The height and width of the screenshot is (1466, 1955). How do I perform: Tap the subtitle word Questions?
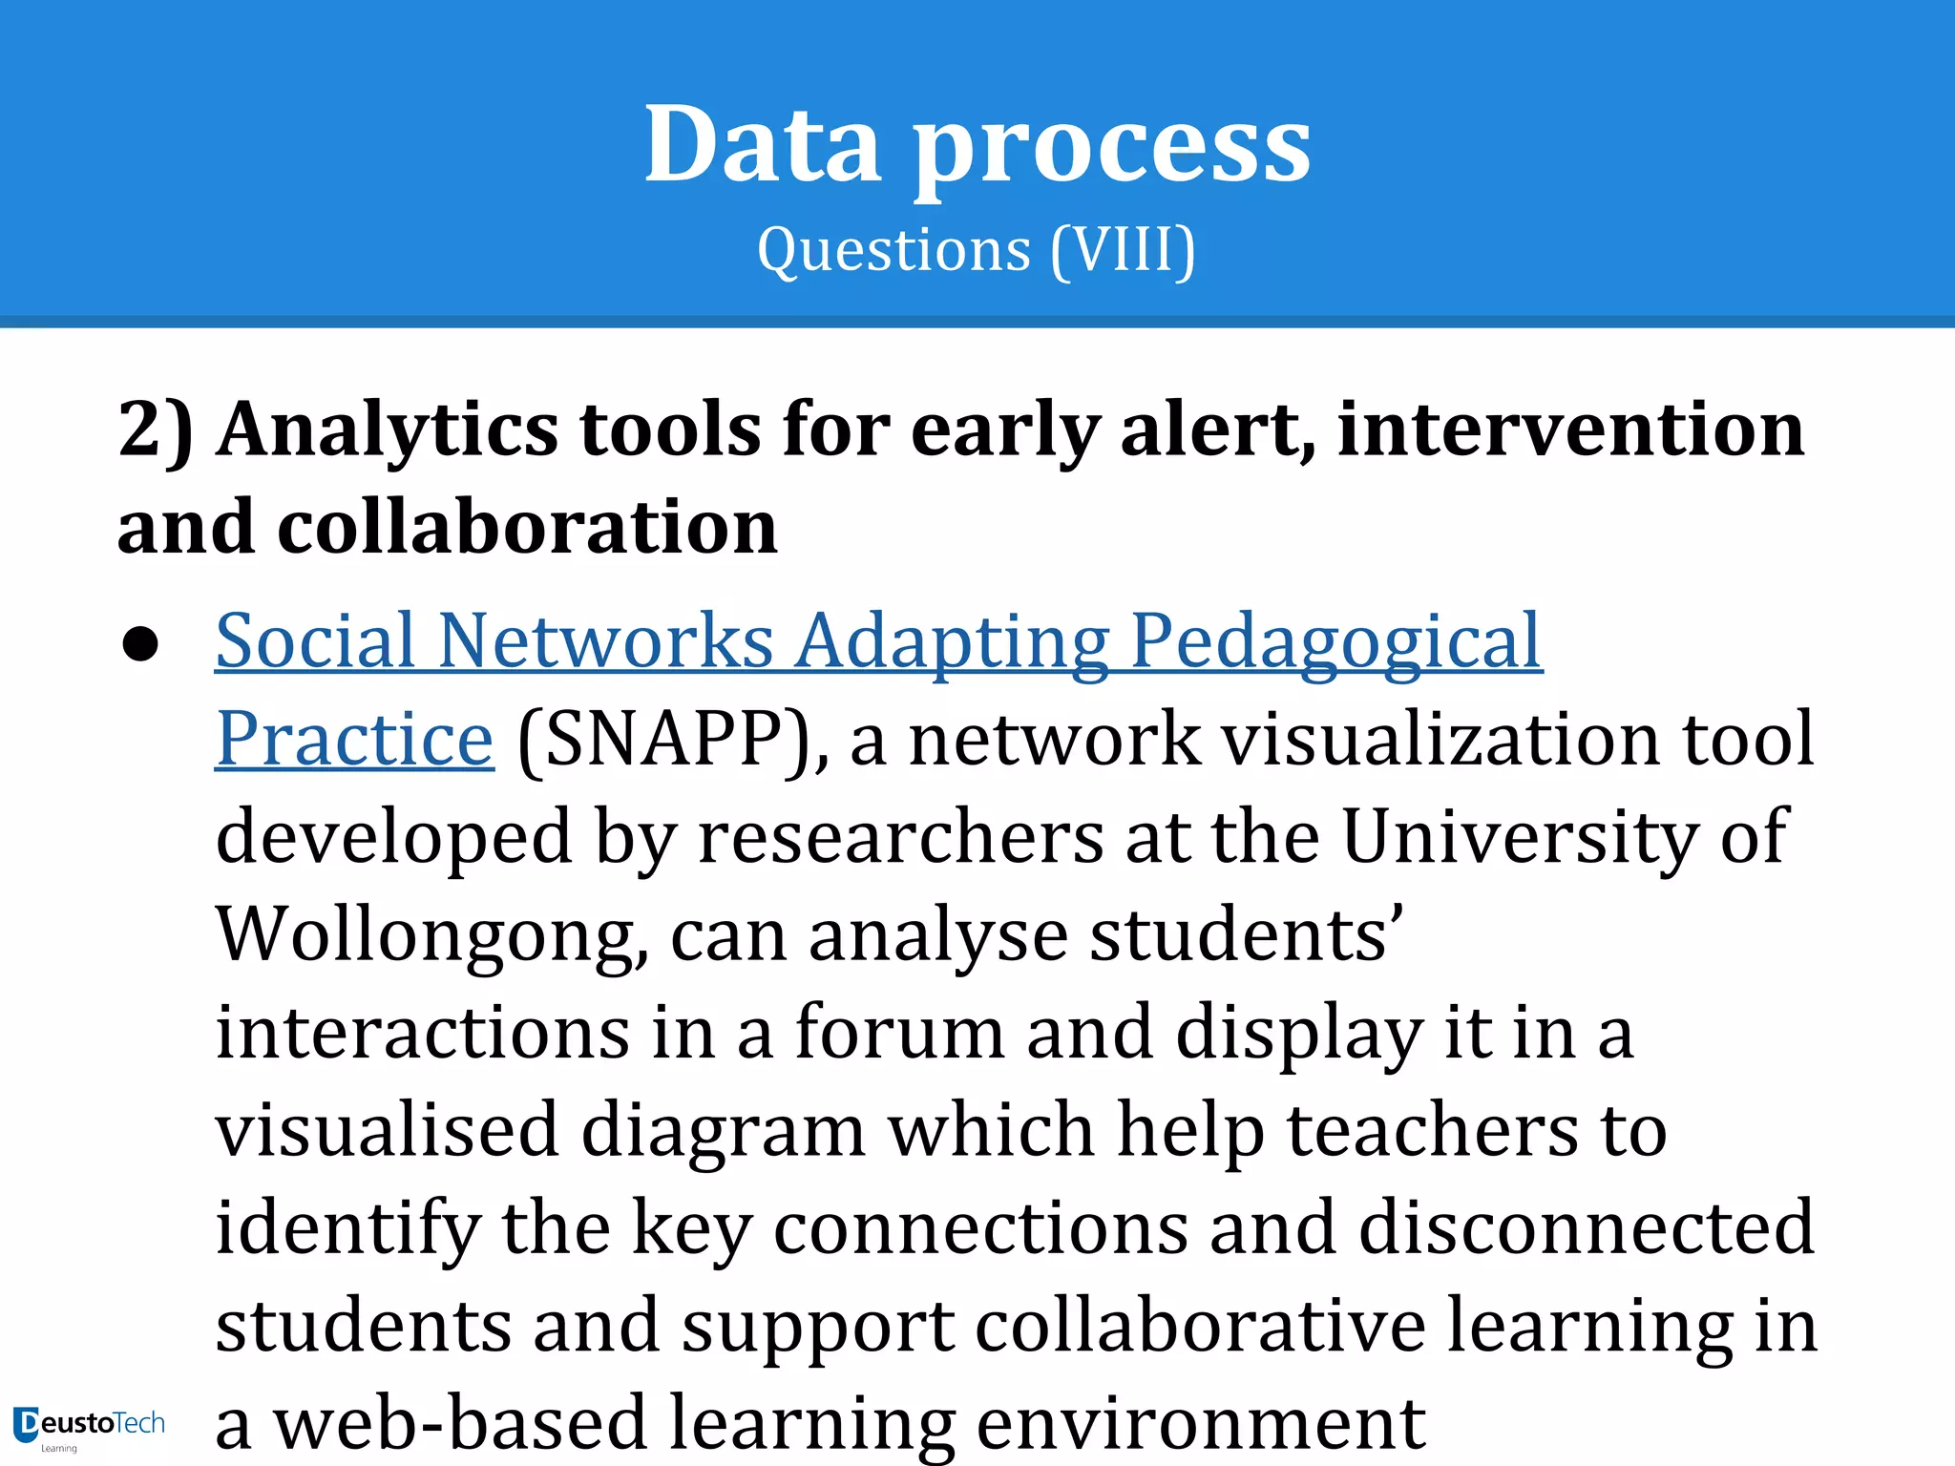(893, 250)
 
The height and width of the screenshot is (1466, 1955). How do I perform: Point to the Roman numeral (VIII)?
(1123, 250)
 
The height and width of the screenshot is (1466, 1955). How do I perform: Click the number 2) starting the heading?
(155, 429)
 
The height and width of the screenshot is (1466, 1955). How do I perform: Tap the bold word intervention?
(1570, 429)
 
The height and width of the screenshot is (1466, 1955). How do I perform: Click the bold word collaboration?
(527, 527)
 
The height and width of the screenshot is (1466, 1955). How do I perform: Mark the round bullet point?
(140, 644)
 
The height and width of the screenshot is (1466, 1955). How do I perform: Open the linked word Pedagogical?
(1335, 642)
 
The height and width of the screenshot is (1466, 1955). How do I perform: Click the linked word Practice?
(354, 740)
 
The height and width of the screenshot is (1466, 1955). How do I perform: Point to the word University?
(1519, 837)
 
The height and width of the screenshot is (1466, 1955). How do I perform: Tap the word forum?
(900, 1033)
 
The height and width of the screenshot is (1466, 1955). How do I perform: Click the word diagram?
(723, 1132)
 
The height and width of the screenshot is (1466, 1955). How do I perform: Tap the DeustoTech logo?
(89, 1426)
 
